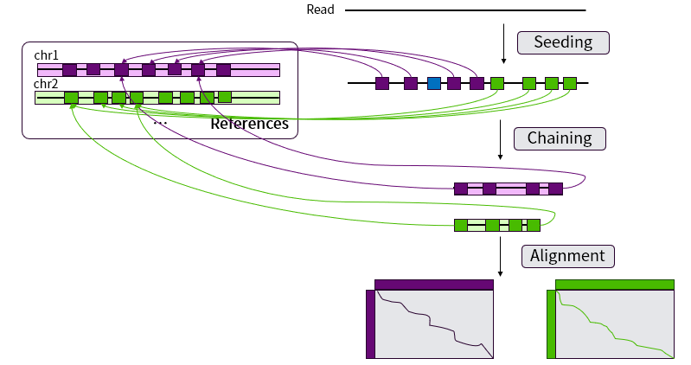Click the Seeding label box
[563, 42]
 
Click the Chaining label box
[560, 138]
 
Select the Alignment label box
[567, 256]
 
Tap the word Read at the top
[320, 10]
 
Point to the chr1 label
[46, 55]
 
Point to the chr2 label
[46, 84]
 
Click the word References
[249, 124]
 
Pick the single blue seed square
[433, 83]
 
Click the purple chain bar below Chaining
[509, 189]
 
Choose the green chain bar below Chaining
[497, 225]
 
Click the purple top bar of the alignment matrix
[433, 284]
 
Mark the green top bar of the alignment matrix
[614, 284]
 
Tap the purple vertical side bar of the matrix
[370, 323]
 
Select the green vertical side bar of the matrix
[551, 323]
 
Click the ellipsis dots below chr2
[160, 124]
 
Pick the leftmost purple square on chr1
[69, 70]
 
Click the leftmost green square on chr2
[71, 98]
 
